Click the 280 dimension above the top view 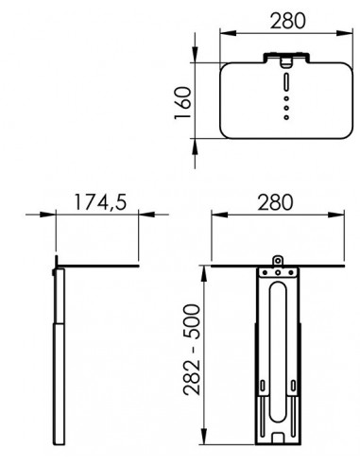[x=287, y=21]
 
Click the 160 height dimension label [x=183, y=103]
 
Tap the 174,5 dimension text [x=100, y=202]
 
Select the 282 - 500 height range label [x=191, y=350]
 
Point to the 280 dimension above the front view [x=275, y=202]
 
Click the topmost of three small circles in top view [x=286, y=98]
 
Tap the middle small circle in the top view [x=286, y=108]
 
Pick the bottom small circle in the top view [x=286, y=117]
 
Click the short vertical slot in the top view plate [x=286, y=81]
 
